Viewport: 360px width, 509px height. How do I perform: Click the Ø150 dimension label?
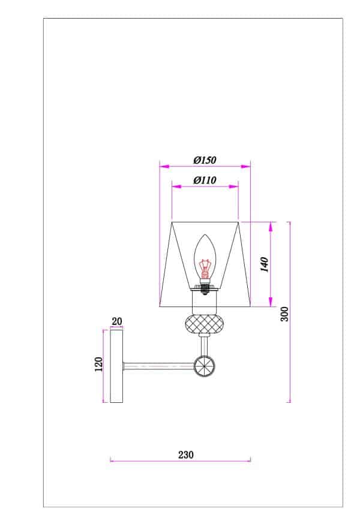coord(205,160)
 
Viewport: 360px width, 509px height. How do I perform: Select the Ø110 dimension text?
coord(205,180)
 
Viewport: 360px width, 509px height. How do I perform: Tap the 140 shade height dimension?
coord(263,264)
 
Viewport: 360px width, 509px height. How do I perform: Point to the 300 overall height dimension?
coord(285,314)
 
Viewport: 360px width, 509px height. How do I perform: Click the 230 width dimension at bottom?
coord(186,454)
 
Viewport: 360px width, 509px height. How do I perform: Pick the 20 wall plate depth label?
coord(116,321)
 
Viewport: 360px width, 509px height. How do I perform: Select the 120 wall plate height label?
coord(100,365)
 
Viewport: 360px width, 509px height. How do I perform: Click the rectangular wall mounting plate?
coord(116,366)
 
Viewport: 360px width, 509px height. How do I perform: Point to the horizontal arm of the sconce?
coord(158,365)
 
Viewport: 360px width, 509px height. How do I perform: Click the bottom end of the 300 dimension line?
coord(290,402)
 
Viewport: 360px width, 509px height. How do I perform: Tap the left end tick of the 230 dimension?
coord(111,460)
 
